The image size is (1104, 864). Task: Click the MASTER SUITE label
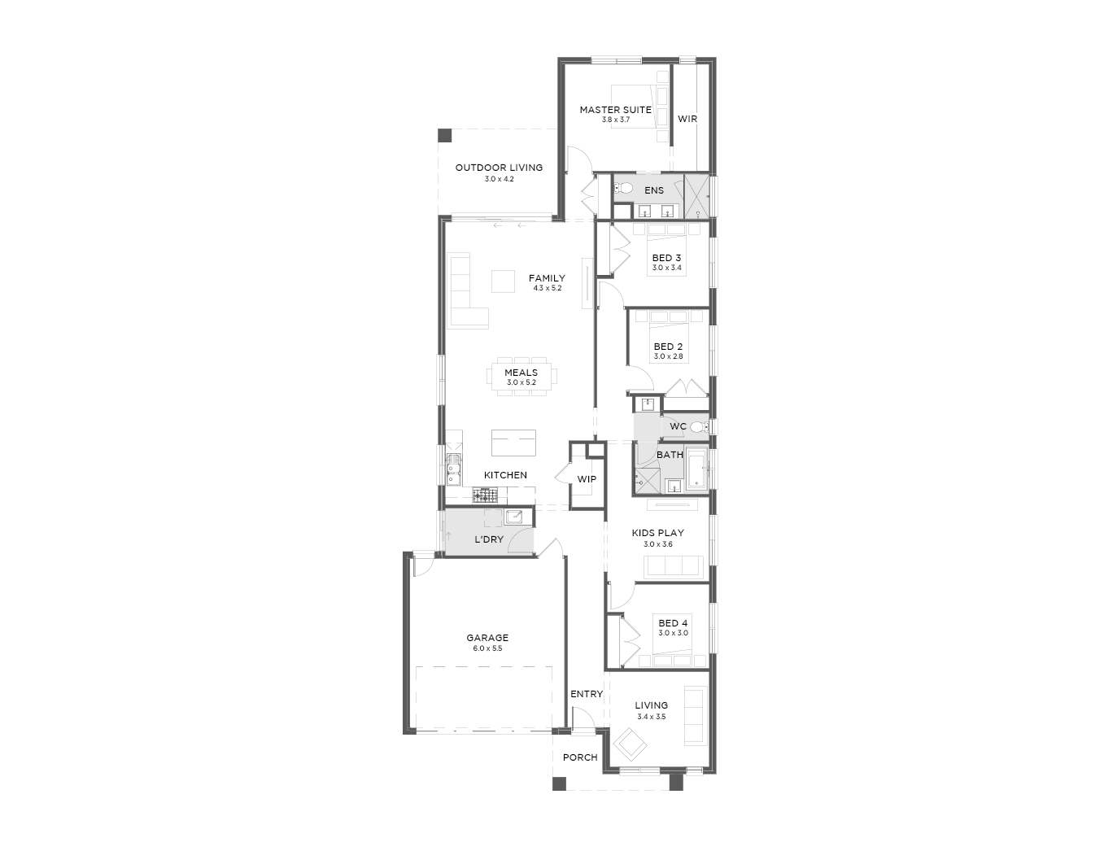615,110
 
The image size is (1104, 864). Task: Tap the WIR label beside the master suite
687,119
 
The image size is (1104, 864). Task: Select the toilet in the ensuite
623,189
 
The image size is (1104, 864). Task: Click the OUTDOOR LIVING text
499,168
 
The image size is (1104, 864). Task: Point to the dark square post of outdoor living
444,136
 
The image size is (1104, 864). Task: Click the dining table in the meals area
521,377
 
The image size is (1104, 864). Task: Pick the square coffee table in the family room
503,281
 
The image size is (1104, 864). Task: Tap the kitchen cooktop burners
485,495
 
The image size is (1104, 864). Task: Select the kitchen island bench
513,443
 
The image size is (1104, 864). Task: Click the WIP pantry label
587,479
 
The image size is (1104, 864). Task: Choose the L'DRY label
489,539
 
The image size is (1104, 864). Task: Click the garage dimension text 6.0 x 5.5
487,648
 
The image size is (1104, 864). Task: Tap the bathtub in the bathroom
697,469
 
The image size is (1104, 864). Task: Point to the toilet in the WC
700,426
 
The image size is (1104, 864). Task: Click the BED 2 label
668,347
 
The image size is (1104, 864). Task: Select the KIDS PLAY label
658,533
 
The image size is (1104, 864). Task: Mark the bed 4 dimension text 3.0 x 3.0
673,633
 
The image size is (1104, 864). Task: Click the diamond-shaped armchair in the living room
630,744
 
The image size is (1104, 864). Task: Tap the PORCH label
580,757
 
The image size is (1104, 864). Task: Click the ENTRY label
587,694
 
